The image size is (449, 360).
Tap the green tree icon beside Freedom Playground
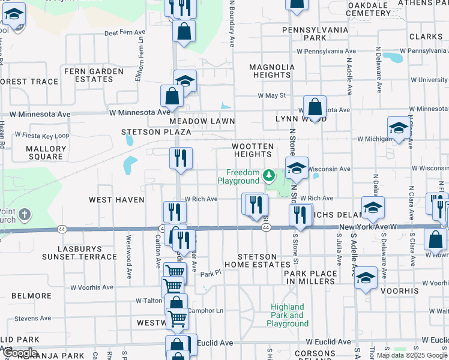click(x=270, y=176)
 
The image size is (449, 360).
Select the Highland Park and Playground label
click(x=288, y=315)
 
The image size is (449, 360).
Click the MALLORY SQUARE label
click(x=46, y=152)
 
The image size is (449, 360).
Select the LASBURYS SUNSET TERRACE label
click(x=79, y=252)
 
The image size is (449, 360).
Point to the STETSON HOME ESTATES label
click(x=257, y=260)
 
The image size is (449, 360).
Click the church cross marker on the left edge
click(x=24, y=214)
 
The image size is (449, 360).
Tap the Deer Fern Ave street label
click(x=125, y=33)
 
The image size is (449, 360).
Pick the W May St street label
click(x=271, y=95)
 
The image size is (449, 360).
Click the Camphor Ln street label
click(x=205, y=311)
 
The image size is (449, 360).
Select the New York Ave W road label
click(x=369, y=227)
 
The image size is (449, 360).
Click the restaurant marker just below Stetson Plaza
click(x=181, y=158)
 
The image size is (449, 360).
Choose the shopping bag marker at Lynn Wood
click(x=315, y=108)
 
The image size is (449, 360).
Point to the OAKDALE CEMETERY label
click(x=369, y=8)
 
